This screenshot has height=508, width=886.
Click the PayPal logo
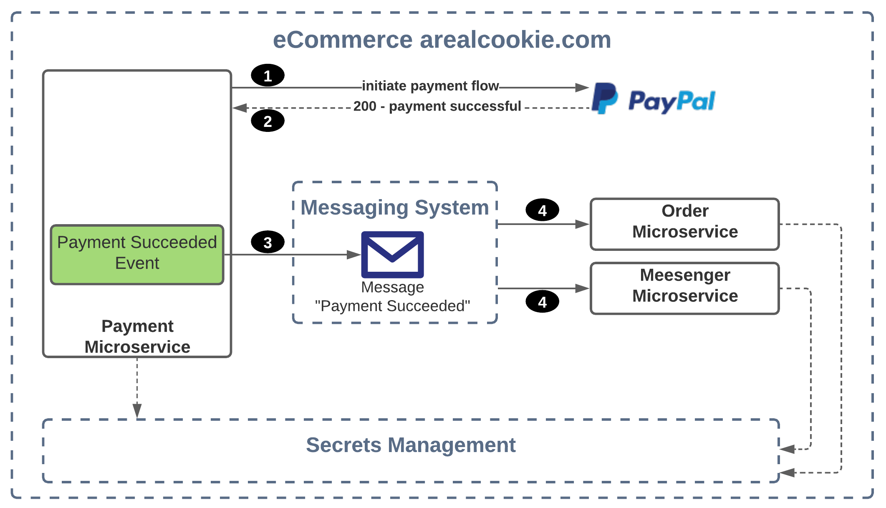pos(654,99)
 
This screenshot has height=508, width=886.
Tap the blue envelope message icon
pos(392,255)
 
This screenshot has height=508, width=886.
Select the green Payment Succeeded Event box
pos(137,255)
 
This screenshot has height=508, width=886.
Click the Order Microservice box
pos(684,224)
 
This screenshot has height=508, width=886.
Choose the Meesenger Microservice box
pos(684,288)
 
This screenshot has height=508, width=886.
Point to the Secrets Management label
pos(411,445)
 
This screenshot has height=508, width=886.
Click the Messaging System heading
pos(394,207)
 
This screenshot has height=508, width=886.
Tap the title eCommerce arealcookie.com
pos(442,40)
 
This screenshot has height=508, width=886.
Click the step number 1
pos(268,76)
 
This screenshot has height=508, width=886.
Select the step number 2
pos(268,121)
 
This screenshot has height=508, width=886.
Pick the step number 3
pos(268,243)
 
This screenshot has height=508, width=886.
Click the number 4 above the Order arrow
pos(542,211)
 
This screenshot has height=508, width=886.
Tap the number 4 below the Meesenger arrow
pos(542,302)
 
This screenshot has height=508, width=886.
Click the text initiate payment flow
pos(430,86)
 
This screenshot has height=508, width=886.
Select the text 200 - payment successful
pos(437,106)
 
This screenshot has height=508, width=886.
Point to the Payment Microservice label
pos(137,336)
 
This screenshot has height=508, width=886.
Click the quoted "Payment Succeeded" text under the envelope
pos(392,306)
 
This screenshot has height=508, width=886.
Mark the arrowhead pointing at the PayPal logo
pos(582,88)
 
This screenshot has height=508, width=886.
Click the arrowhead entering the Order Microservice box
pos(582,224)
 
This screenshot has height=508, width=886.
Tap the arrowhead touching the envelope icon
pos(354,255)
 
